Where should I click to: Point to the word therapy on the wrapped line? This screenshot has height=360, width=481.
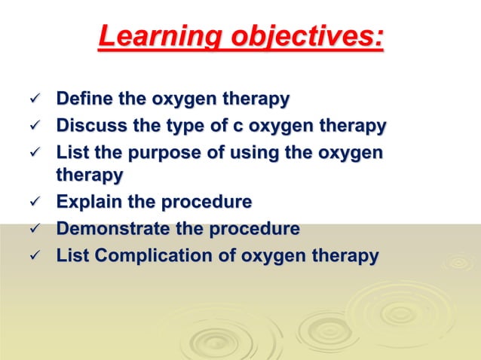tap(90, 175)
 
